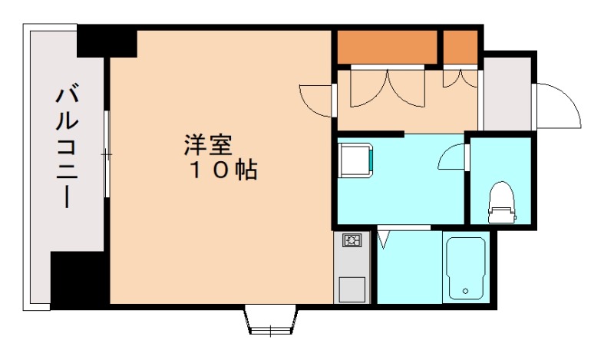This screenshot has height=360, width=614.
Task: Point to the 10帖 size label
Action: pos(223,170)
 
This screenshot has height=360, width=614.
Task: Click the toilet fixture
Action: pos(500,199)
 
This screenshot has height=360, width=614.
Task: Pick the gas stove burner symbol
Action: pos(352,241)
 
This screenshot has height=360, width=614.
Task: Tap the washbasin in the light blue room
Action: pos(358,160)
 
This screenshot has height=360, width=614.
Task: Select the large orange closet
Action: pos(388,47)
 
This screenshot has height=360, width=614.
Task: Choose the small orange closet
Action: pos(460,47)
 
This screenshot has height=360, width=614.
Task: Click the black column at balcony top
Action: pos(107,41)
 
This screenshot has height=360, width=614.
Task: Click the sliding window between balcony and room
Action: pos(107,153)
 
